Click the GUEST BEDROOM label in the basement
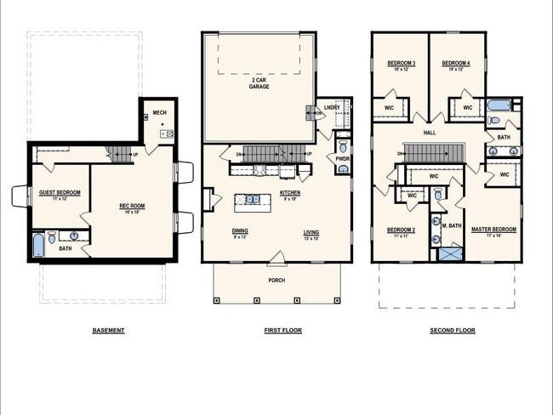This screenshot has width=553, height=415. pos(60,193)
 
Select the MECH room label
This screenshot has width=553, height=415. pos(159,112)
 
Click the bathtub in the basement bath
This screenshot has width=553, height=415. pos(37,247)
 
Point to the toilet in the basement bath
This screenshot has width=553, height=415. pos(53,237)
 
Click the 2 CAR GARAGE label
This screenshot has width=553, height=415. pos(259,83)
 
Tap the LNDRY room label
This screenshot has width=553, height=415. pos(331,108)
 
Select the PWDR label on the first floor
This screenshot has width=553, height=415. pos(342,158)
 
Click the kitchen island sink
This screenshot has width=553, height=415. pos(253,200)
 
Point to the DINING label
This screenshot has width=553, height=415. pos(239,230)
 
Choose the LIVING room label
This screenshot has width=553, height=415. pos(311,230)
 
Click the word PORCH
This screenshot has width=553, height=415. pos(276,280)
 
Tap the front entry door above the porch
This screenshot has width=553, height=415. pos(276,257)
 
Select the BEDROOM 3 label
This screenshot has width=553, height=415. pos(401,64)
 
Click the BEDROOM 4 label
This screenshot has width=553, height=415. pos(456,64)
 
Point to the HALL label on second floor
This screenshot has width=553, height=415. pos(430,134)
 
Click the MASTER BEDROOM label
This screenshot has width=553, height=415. pos(493,230)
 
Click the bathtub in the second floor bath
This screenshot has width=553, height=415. pos(499,106)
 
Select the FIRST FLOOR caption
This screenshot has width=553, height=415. pos(283,330)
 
